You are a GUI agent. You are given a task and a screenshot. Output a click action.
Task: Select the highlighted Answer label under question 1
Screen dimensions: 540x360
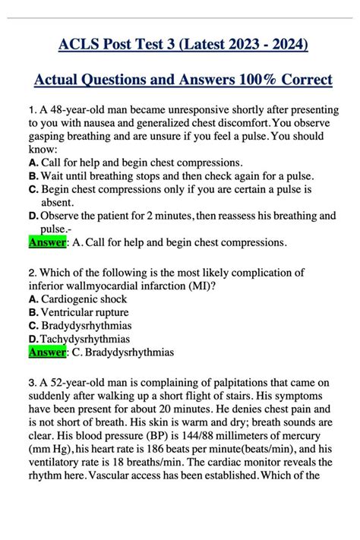pyautogui.click(x=47, y=243)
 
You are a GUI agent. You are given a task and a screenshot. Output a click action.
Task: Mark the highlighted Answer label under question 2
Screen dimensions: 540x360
pyautogui.click(x=47, y=352)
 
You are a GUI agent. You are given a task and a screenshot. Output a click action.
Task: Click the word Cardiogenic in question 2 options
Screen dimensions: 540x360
pyautogui.click(x=73, y=299)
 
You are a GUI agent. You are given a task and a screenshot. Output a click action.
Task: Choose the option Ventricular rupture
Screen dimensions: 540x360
pyautogui.click(x=85, y=312)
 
